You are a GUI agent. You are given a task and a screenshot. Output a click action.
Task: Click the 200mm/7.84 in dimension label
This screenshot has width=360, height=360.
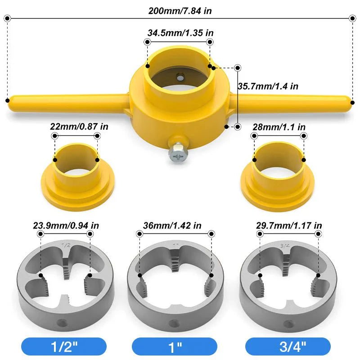click(180, 10)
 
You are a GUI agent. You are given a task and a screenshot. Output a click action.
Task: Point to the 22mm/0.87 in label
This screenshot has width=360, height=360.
click(79, 127)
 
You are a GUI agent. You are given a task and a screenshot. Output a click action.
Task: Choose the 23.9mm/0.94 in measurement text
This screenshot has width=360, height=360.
click(66, 225)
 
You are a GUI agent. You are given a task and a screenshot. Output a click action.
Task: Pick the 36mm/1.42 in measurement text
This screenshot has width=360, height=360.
click(175, 225)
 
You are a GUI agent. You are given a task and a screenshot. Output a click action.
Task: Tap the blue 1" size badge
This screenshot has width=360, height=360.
click(175, 346)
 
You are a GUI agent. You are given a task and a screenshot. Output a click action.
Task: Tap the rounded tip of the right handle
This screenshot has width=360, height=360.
click(351, 101)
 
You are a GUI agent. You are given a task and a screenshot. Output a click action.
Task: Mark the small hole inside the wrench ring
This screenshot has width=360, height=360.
click(180, 76)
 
